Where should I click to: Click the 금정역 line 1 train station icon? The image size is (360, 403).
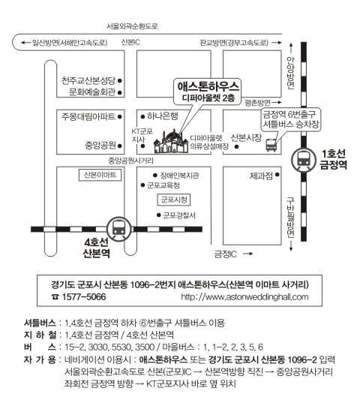pyautogui.click(x=304, y=160)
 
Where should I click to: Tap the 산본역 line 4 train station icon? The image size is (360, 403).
pyautogui.click(x=119, y=228)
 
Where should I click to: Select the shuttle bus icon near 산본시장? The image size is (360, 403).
pyautogui.click(x=271, y=145)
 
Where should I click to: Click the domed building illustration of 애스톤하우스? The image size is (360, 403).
pyautogui.click(x=171, y=142)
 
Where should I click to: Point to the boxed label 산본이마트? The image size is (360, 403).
pyautogui.click(x=100, y=175)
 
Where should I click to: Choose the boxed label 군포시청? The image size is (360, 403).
pyautogui.click(x=173, y=200)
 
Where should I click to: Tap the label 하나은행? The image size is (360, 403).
pyautogui.click(x=162, y=116)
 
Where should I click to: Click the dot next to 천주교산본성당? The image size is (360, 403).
pyautogui.click(x=119, y=81)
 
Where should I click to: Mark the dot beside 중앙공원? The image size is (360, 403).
pyautogui.click(x=119, y=146)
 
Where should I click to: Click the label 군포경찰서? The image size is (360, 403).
pyautogui.click(x=179, y=215)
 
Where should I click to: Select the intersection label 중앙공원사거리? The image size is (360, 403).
pyautogui.click(x=130, y=161)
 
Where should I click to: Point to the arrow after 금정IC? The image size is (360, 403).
pyautogui.click(x=247, y=254)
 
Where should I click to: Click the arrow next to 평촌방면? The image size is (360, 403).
pyautogui.click(x=277, y=103)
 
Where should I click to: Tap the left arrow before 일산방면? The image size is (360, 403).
pyautogui.click(x=25, y=43)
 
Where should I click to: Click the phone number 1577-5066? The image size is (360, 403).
pyautogui.click(x=84, y=297)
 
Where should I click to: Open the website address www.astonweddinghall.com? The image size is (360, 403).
pyautogui.click(x=244, y=297)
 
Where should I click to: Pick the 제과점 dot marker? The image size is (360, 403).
pyautogui.click(x=277, y=175)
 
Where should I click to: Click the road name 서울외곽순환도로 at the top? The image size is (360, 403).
pyautogui.click(x=132, y=26)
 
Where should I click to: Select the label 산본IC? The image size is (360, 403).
pyautogui.click(x=130, y=42)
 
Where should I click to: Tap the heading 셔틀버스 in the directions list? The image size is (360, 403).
pyautogui.click(x=40, y=323)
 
